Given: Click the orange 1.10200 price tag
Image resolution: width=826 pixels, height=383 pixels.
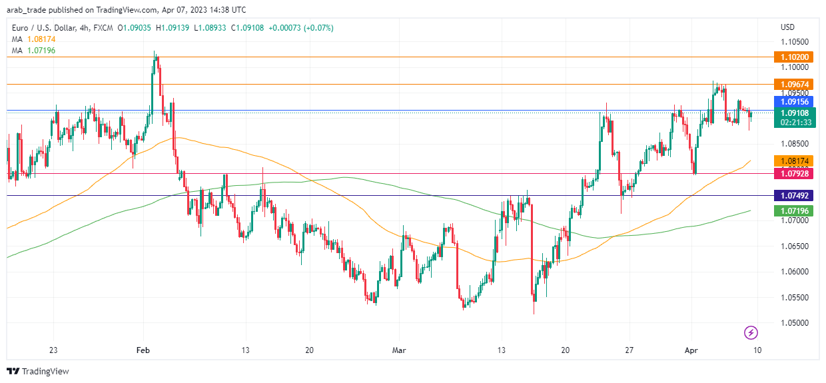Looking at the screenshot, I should click(x=791, y=57).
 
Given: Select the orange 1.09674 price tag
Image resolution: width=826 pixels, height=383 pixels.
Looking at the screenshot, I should click(x=791, y=85).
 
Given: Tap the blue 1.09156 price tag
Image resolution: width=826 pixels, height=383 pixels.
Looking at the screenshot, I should click(x=791, y=101).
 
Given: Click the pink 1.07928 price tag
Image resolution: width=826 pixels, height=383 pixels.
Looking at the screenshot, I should click(x=791, y=173).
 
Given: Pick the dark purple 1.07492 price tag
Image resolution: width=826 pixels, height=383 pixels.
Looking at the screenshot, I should click(x=791, y=196).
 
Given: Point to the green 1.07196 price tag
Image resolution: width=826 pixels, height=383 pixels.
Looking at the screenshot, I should click(x=791, y=211).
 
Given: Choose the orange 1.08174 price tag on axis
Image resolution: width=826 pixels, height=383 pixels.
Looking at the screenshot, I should click(x=791, y=161).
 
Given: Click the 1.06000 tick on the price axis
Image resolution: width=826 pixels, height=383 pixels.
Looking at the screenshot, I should click(x=794, y=272).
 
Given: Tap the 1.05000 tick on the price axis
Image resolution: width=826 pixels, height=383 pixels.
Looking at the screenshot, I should click(x=794, y=323).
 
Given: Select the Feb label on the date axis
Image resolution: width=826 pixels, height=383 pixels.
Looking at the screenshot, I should click(x=142, y=350).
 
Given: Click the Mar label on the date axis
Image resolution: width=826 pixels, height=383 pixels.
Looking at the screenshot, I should click(x=399, y=350).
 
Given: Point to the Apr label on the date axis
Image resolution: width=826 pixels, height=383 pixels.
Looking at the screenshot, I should click(x=692, y=350).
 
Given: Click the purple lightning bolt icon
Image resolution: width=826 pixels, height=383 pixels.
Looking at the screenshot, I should click(x=751, y=332).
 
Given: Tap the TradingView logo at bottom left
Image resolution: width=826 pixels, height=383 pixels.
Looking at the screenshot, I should click(x=38, y=371).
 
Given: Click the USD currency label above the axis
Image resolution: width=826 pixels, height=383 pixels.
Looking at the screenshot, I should click(x=787, y=28).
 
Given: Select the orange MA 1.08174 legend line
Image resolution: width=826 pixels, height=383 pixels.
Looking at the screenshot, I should click(x=33, y=39).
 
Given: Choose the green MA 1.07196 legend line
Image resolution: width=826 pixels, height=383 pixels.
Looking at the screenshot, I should click(x=33, y=51).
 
